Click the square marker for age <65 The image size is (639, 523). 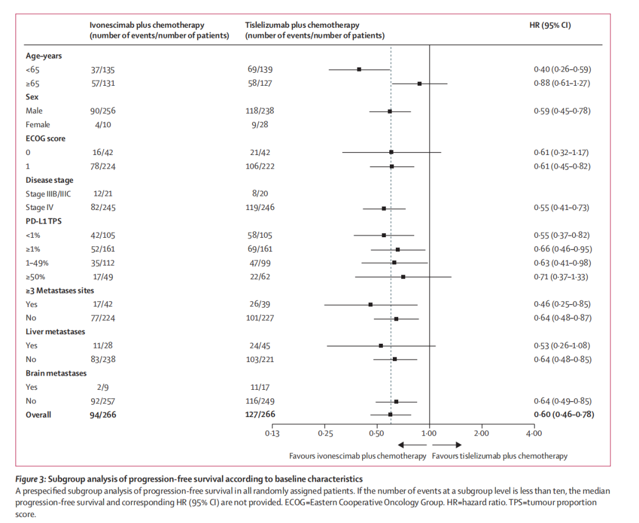(x=359, y=69)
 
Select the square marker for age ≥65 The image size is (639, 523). (x=419, y=83)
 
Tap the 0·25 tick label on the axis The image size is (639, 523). (x=324, y=434)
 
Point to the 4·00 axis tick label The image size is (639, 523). (x=534, y=434)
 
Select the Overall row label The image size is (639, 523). (x=38, y=415)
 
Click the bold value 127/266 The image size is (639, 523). (x=262, y=415)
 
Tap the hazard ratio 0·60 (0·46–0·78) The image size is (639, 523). (x=564, y=415)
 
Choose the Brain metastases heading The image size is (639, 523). (x=56, y=373)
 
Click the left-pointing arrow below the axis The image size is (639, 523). (x=408, y=445)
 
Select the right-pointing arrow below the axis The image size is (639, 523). (x=447, y=445)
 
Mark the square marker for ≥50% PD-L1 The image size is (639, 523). (x=403, y=276)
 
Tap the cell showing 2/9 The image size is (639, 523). (x=96, y=388)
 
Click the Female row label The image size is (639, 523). (x=38, y=125)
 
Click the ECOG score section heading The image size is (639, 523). (x=46, y=138)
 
